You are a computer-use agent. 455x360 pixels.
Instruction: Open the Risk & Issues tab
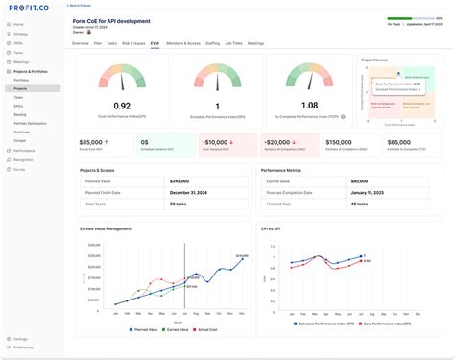(132, 43)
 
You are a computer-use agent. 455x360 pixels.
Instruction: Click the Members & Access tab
(183, 43)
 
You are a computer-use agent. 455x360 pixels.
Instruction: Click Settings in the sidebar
(20, 339)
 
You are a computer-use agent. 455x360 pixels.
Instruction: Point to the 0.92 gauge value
(122, 106)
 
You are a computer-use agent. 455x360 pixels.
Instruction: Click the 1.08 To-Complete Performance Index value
(309, 106)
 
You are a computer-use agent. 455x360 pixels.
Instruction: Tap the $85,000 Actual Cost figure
(92, 141)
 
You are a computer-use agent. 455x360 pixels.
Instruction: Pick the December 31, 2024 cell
(190, 192)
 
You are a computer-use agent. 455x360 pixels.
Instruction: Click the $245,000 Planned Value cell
(180, 181)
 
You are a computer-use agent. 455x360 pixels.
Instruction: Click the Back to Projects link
(86, 6)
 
